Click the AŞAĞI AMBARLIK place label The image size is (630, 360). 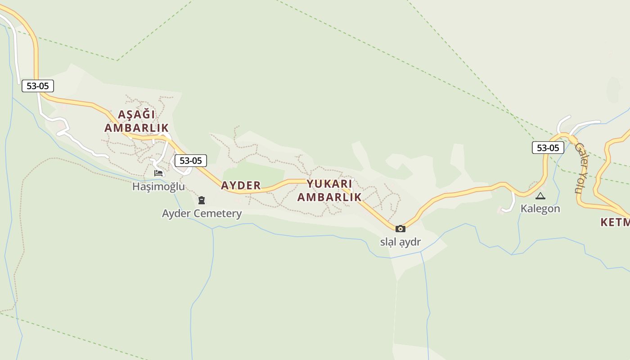coord(136,121)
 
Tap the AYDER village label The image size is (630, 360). coord(241,185)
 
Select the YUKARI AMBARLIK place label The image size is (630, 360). coord(329,190)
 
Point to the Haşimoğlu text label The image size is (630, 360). coord(158,186)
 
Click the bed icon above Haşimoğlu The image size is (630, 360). coord(158,173)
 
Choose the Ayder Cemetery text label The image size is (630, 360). coord(202,213)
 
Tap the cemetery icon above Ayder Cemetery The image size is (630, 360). coord(202,200)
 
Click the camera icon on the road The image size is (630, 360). coord(400,229)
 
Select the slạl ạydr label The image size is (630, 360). coord(400,242)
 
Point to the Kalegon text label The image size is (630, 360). coord(540,208)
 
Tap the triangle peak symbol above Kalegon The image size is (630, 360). coord(540,196)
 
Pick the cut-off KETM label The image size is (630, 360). coord(615,222)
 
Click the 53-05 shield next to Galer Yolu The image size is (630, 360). coord(548,148)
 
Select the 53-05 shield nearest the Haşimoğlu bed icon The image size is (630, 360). coord(191,161)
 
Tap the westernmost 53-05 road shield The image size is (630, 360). coord(38,86)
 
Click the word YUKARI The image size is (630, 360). coord(329,184)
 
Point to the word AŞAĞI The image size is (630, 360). coord(136,114)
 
